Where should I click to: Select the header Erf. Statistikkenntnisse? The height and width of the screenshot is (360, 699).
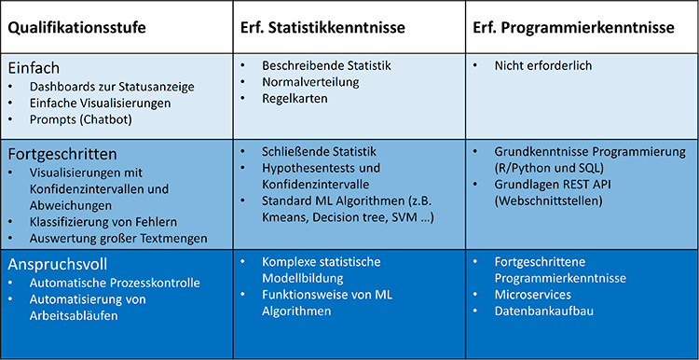pyautogui.click(x=322, y=29)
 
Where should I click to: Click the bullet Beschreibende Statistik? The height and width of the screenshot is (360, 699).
pyautogui.click(x=327, y=66)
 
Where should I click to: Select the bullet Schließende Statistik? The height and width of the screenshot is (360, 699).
pyautogui.click(x=320, y=151)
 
